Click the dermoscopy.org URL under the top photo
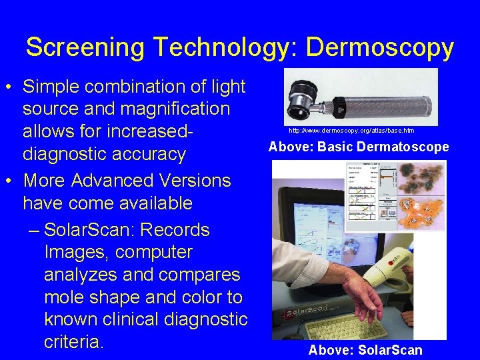351,131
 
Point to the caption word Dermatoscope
403,147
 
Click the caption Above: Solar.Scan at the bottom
365,350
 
